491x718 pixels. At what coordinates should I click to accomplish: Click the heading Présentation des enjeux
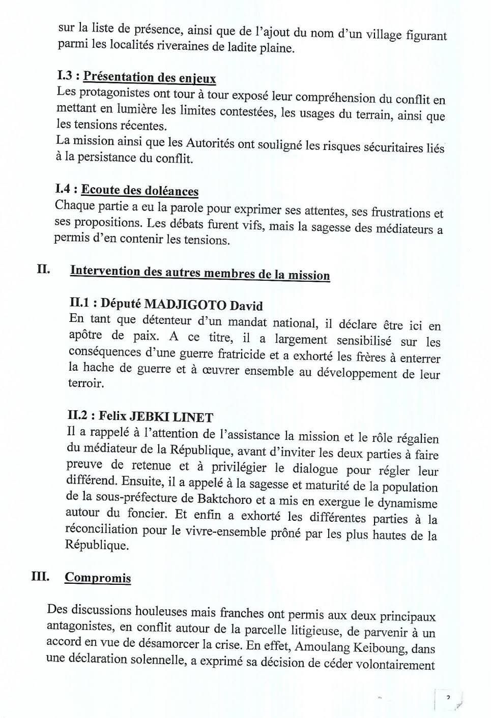[x=149, y=77]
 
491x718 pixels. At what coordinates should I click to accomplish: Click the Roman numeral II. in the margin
[x=43, y=269]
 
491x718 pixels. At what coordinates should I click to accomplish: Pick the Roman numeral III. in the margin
[x=40, y=577]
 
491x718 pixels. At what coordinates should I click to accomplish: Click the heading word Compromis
[x=98, y=578]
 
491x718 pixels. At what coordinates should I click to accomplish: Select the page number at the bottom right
[x=448, y=697]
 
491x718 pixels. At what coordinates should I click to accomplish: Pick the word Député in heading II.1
[x=120, y=304]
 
